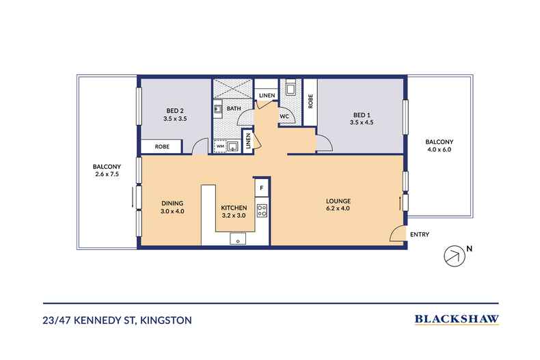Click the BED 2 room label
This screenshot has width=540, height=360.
pyautogui.click(x=175, y=115)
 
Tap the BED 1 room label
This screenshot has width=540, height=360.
pyautogui.click(x=362, y=118)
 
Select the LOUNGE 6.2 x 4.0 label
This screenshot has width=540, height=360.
pyautogui.click(x=338, y=204)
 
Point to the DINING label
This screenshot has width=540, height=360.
pyautogui.click(x=172, y=204)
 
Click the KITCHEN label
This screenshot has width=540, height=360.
pyautogui.click(x=234, y=208)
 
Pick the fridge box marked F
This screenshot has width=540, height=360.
pyautogui.click(x=261, y=188)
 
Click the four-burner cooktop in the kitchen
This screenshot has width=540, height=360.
pyautogui.click(x=262, y=210)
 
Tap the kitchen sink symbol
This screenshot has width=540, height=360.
pyautogui.click(x=238, y=238)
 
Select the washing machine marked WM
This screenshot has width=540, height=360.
pyautogui.click(x=219, y=146)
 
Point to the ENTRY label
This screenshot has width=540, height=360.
pyautogui.click(x=420, y=234)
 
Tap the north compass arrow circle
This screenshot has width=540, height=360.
pyautogui.click(x=455, y=256)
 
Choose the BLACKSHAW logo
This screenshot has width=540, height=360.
pyautogui.click(x=457, y=319)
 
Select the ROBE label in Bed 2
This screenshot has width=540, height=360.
pyautogui.click(x=162, y=147)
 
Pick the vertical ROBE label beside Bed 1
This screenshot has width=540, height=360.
pyautogui.click(x=310, y=101)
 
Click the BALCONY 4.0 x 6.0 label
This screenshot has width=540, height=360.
pyautogui.click(x=439, y=146)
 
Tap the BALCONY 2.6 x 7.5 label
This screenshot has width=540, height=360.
pyautogui.click(x=107, y=170)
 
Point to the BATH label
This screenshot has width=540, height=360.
pyautogui.click(x=234, y=109)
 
